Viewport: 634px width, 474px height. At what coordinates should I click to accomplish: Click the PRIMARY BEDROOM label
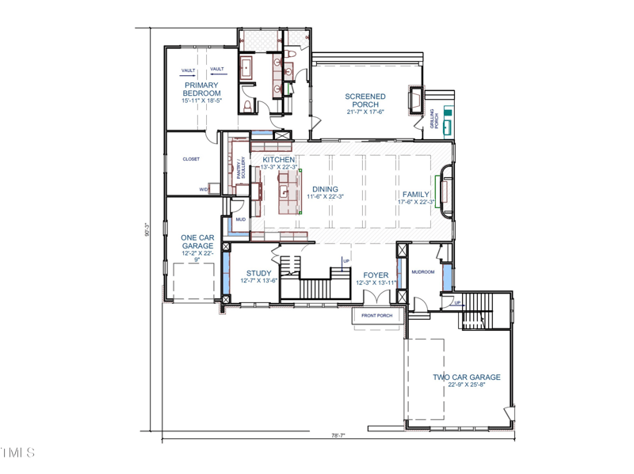click(x=202, y=89)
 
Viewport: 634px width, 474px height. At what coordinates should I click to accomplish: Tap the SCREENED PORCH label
click(x=365, y=100)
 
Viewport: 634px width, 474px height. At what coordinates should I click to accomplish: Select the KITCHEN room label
click(x=279, y=159)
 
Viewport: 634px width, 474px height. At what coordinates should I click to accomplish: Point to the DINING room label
click(x=325, y=189)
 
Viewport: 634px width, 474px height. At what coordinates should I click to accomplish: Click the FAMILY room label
click(x=416, y=194)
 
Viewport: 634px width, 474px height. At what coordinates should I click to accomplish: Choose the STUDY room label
click(x=258, y=274)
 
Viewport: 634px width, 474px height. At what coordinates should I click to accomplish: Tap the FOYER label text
click(x=376, y=275)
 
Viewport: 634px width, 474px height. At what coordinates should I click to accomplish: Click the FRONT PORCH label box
click(x=377, y=316)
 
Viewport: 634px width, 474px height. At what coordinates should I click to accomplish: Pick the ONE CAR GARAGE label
click(x=197, y=241)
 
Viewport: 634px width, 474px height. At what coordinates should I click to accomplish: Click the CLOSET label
click(x=191, y=159)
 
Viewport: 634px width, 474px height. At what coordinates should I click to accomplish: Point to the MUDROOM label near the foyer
click(x=422, y=271)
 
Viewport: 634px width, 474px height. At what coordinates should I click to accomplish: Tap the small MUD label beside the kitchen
click(x=240, y=220)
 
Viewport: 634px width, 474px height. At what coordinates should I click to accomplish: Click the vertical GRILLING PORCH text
click(x=433, y=119)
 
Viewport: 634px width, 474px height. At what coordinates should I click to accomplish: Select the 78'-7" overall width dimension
click(x=338, y=434)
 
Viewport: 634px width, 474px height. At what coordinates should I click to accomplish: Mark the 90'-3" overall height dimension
click(x=147, y=229)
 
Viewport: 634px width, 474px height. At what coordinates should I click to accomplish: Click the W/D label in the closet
click(x=203, y=189)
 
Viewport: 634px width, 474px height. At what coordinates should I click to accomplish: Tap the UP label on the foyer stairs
click(x=346, y=260)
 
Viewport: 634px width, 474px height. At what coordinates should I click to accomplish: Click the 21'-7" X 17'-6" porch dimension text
click(x=365, y=112)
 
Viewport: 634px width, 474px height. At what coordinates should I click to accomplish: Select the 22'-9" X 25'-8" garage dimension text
click(x=464, y=385)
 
